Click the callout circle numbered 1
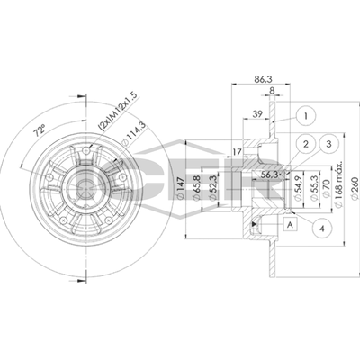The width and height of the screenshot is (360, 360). [305, 116]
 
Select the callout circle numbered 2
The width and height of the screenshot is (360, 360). [306, 144]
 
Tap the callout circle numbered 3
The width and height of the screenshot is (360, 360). [329, 144]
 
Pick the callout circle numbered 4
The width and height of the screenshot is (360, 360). [322, 229]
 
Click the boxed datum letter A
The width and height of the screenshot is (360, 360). [290, 224]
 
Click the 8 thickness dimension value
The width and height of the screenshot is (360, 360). [272, 90]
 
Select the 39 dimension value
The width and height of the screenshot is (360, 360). [257, 114]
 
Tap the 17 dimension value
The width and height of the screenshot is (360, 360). [237, 152]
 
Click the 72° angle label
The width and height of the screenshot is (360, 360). [39, 131]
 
